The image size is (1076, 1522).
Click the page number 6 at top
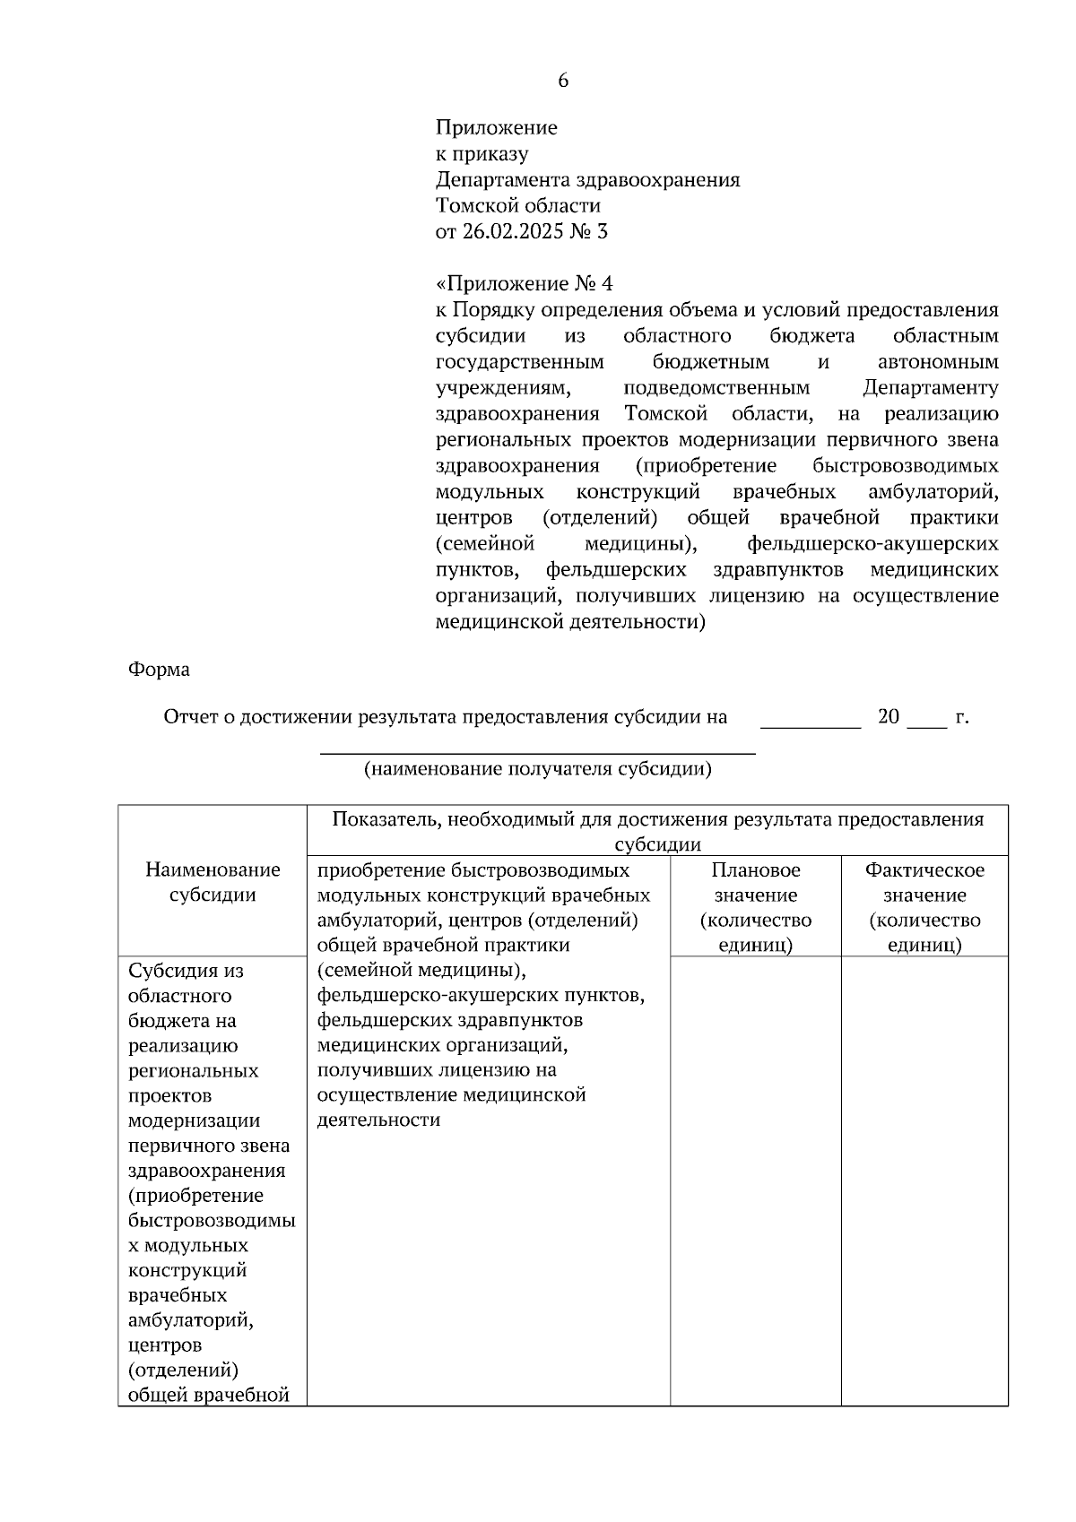tap(563, 81)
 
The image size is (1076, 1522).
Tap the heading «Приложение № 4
tap(525, 284)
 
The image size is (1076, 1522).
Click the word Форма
tap(159, 670)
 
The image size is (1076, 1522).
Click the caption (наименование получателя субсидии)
tap(537, 769)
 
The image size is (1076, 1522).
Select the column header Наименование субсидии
tap(213, 882)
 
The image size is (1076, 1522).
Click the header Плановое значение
tap(756, 907)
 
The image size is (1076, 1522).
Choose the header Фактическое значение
tap(924, 907)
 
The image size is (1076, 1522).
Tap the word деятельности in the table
tap(379, 1120)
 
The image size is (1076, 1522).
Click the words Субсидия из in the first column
tap(187, 971)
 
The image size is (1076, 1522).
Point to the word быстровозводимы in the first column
tap(212, 1220)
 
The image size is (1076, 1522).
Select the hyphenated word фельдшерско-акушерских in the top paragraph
tap(872, 544)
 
